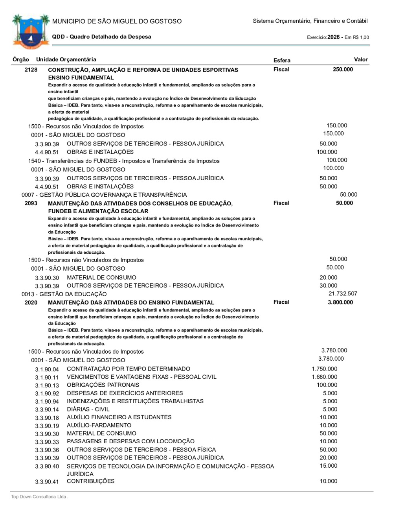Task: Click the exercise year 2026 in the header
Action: (333, 37)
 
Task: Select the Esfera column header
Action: (282, 60)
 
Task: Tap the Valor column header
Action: (360, 59)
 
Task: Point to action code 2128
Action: (31, 70)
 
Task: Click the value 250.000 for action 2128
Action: (343, 69)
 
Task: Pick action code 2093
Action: (31, 203)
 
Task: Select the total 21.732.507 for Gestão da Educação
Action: (343, 293)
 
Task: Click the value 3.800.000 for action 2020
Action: (340, 302)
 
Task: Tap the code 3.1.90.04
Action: (47, 369)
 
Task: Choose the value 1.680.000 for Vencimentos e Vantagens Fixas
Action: (324, 377)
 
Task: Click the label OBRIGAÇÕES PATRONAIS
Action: (103, 385)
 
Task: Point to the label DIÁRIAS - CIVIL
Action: (88, 409)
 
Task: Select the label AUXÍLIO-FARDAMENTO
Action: (99, 425)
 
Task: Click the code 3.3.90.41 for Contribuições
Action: (47, 482)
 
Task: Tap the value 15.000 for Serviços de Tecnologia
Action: (328, 466)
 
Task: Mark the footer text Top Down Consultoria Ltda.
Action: (39, 497)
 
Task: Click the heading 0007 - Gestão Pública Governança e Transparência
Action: (104, 195)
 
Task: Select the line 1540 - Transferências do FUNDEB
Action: (124, 161)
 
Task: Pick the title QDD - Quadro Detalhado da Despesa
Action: (101, 37)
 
